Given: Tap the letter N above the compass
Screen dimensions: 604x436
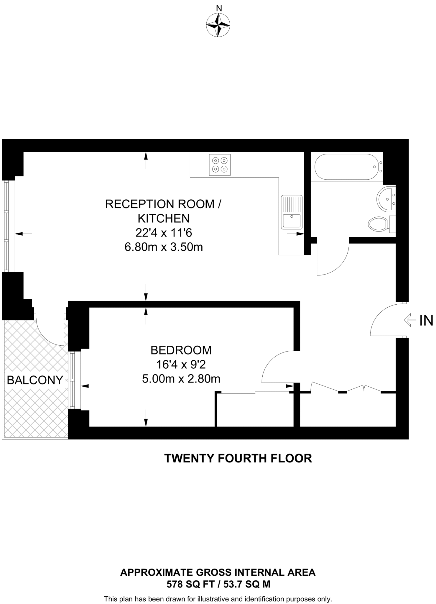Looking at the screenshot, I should tap(219, 9).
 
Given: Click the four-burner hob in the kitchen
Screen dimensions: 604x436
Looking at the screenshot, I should tap(220, 165).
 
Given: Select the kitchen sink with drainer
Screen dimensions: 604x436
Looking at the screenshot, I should tap(292, 212).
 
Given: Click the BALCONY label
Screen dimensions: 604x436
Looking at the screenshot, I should tap(35, 380).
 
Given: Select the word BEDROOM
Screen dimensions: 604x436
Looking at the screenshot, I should tap(181, 350).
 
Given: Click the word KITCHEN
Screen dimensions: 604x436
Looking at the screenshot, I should tap(164, 218).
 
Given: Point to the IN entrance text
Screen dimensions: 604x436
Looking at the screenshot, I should tap(426, 321).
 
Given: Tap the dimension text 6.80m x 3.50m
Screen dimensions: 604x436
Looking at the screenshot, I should tap(164, 247).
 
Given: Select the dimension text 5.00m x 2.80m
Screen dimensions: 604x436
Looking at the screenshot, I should tap(181, 379).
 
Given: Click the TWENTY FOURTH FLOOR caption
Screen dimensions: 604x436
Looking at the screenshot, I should tap(238, 458).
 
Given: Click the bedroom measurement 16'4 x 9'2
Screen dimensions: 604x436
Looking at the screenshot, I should tap(181, 365).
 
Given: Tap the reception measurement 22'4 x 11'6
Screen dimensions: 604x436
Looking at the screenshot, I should tap(164, 233).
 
